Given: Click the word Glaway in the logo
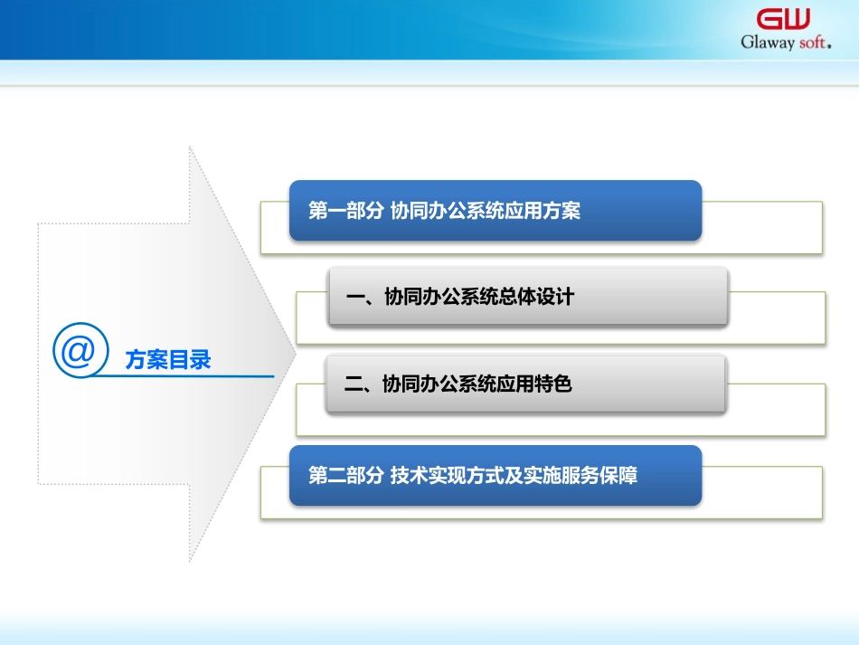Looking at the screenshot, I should (768, 42).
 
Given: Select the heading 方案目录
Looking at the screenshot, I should (168, 360).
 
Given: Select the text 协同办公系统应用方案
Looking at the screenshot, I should (485, 211).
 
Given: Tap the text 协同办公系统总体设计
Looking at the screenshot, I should (479, 297).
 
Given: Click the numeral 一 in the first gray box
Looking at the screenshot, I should (355, 297).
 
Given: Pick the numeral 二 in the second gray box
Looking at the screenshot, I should (354, 384).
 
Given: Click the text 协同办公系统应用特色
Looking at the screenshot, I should (477, 384).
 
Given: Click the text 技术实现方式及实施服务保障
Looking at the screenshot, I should (514, 475).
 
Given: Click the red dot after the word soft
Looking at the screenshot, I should (829, 46).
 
